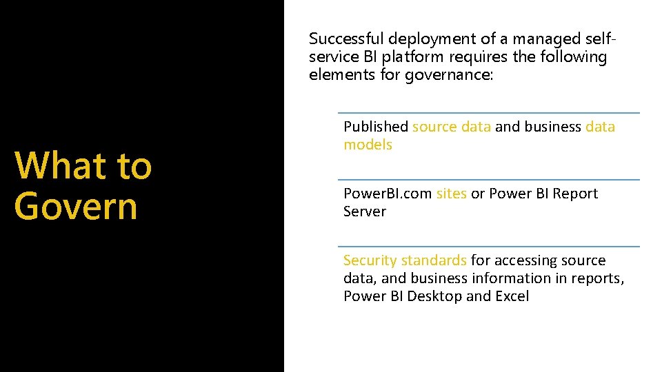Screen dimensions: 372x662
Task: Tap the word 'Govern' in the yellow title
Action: pos(76,205)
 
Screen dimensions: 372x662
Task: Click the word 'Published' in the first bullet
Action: pos(376,127)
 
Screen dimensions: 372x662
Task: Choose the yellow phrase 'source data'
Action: pos(452,127)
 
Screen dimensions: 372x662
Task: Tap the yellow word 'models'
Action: pos(368,145)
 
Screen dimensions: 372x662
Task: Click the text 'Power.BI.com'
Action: pos(388,194)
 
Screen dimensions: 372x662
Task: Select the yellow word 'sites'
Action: pos(452,194)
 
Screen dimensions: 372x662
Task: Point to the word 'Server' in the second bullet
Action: pos(365,211)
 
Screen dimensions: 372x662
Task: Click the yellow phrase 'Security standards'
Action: pos(405,260)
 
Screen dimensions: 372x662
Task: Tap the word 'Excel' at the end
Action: pos(511,296)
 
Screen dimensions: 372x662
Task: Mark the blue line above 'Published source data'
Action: pos(488,113)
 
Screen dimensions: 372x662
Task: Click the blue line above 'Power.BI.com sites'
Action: pos(488,180)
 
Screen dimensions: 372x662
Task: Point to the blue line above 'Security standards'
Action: pos(488,246)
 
